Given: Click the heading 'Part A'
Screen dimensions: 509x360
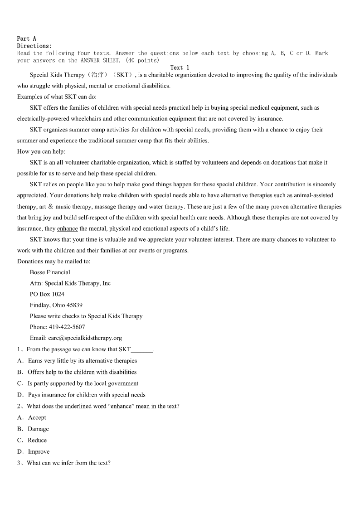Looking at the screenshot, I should click(x=27, y=39).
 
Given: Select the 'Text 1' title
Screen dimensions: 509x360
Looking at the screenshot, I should click(x=180, y=68).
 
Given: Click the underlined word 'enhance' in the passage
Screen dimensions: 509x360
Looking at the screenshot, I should click(x=67, y=228).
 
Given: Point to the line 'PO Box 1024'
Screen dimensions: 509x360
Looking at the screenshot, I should click(x=47, y=294).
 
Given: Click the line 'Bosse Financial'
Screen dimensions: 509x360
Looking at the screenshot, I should click(x=50, y=272).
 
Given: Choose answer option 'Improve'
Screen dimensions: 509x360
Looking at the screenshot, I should click(x=39, y=451).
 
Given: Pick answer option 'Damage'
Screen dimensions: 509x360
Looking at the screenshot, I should click(x=38, y=429).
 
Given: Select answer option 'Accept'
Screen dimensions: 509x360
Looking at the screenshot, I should click(x=37, y=417).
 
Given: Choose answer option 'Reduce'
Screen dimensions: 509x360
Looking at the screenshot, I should click(x=37, y=440).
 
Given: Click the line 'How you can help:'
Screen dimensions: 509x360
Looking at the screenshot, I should click(x=41, y=151).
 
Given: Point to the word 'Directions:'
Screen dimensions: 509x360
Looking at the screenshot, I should click(x=34, y=46).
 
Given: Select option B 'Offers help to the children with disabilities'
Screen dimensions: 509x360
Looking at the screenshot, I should click(x=82, y=372).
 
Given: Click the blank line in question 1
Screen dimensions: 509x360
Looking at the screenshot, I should click(x=142, y=350).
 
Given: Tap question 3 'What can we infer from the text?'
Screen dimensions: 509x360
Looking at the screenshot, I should click(x=68, y=463).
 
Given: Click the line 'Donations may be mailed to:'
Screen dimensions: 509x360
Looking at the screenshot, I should click(x=54, y=262).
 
